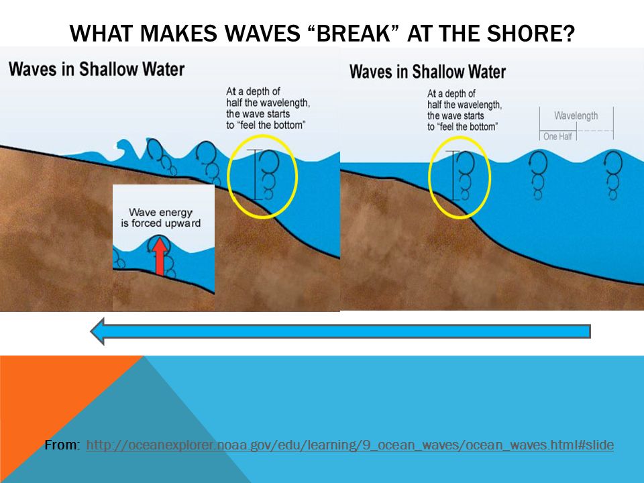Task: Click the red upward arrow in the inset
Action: (160, 257)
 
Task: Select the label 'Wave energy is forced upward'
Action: (160, 217)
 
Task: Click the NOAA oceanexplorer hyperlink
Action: (350, 445)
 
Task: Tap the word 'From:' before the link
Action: (62, 445)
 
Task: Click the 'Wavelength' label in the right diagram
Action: (576, 116)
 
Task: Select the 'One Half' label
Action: (557, 136)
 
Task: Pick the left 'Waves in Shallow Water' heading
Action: (97, 69)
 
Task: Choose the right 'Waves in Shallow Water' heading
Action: (427, 72)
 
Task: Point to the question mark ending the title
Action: (570, 34)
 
